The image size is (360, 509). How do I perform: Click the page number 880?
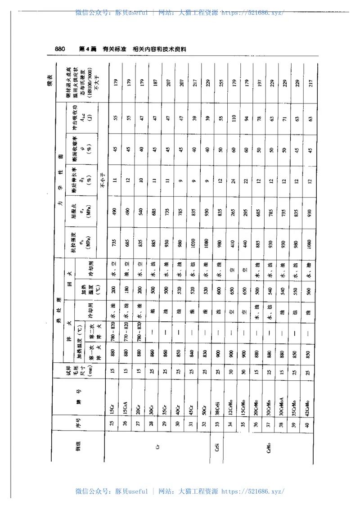[x=60, y=49]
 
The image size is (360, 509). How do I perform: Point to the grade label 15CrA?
[x=126, y=408]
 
